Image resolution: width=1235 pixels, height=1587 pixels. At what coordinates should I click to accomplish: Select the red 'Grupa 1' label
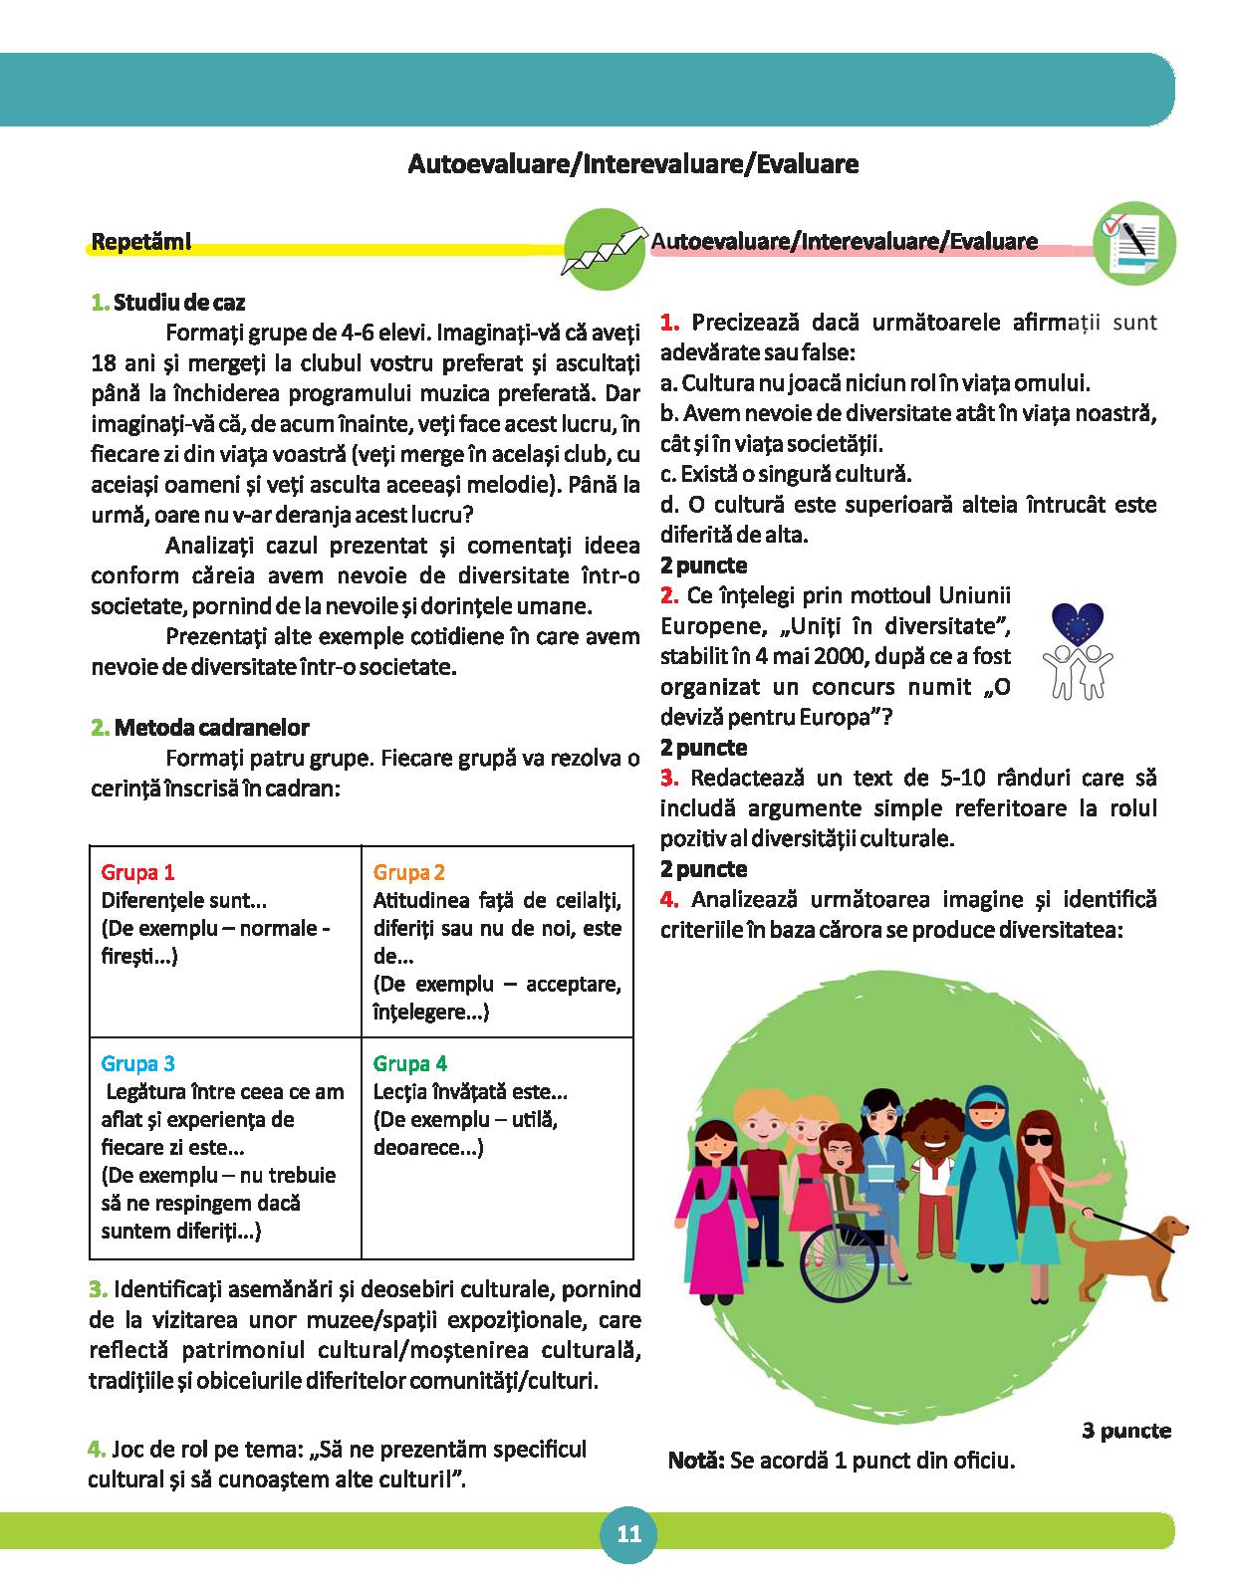click(x=138, y=873)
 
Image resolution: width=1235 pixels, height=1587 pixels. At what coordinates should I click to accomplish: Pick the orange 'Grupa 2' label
click(x=409, y=873)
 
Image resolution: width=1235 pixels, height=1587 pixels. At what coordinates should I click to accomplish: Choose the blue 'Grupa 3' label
click(x=138, y=1063)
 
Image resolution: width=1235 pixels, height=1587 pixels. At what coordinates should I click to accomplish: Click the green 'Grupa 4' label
click(x=409, y=1063)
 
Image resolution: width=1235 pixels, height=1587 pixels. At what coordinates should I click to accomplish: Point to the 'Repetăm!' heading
click(x=140, y=242)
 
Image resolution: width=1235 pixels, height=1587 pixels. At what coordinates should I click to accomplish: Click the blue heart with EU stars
click(x=1078, y=625)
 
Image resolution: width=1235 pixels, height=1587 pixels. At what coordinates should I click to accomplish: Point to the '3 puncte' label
click(x=1126, y=1431)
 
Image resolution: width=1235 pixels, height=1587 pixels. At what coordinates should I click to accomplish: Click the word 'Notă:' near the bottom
click(x=697, y=1462)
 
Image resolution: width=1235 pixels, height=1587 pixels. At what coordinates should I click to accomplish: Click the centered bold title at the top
click(x=632, y=164)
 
